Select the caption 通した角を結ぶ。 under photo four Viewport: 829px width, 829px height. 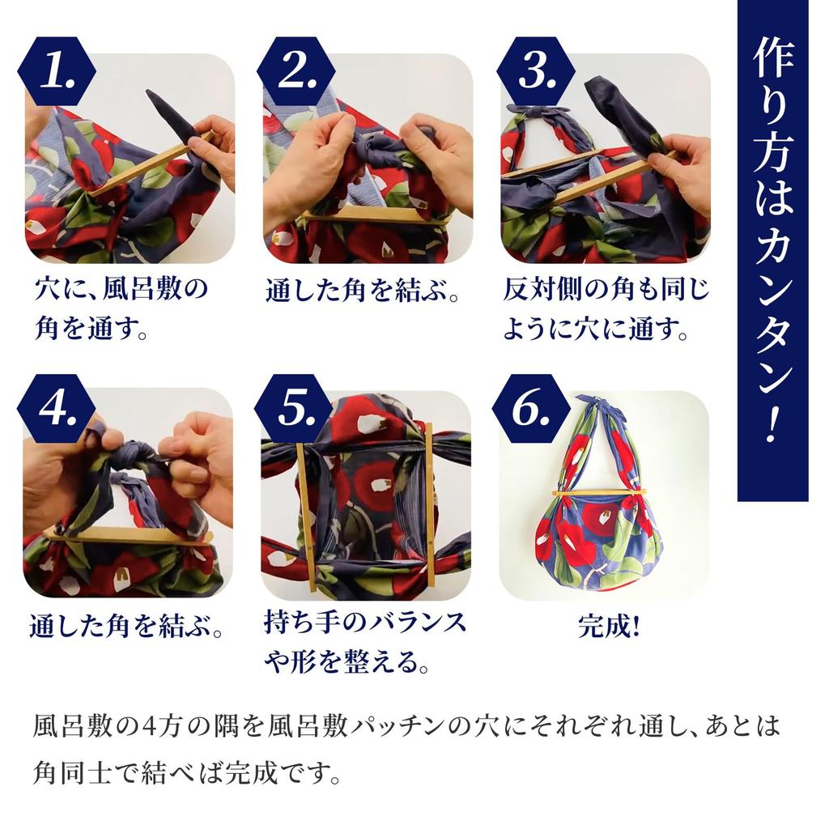pos(126,626)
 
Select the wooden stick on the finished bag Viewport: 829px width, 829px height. pos(599,491)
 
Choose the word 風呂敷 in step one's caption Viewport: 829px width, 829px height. pos(162,290)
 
